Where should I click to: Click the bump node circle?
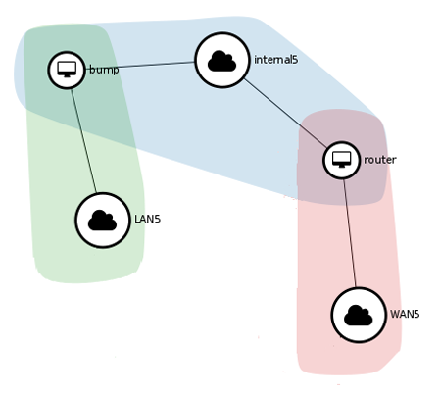click(x=67, y=70)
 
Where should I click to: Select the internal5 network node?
click(x=222, y=61)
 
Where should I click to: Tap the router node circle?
click(x=342, y=160)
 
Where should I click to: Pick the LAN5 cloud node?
click(x=103, y=221)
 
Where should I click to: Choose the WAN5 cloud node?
click(x=359, y=315)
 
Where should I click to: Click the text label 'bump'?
click(x=103, y=70)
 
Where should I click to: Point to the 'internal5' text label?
click(x=275, y=61)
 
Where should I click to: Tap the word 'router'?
click(x=379, y=160)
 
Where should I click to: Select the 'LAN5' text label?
click(x=147, y=220)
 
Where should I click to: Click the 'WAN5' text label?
click(x=405, y=315)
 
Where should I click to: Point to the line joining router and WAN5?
click(x=349, y=231)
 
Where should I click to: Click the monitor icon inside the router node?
click(x=342, y=159)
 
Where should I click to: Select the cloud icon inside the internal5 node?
click(x=222, y=62)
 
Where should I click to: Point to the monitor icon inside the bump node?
click(x=67, y=69)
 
